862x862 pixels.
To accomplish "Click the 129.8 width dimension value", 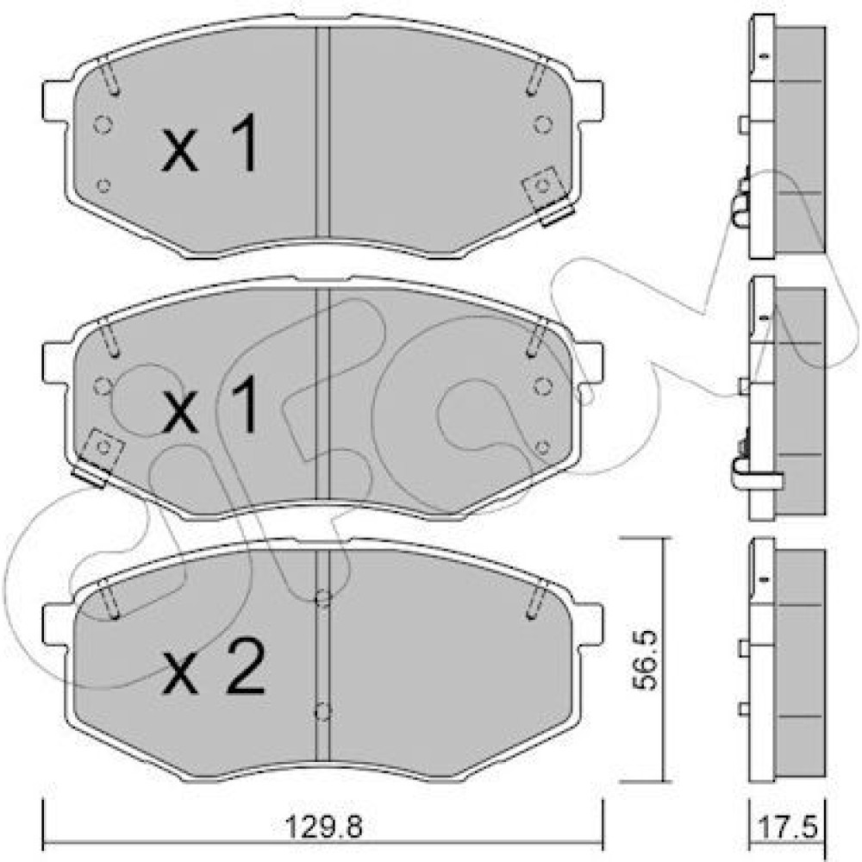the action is point(324,827).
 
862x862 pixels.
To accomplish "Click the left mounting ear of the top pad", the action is point(57,102).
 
